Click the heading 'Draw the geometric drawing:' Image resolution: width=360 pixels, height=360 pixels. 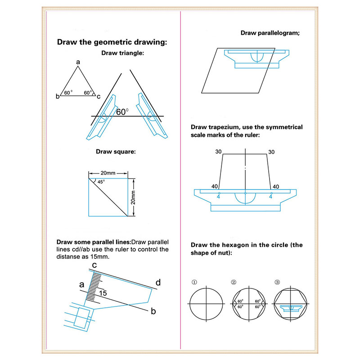[112, 43]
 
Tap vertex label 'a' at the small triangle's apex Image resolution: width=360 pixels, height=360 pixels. [78, 62]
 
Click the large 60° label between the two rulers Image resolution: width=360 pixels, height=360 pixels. [122, 112]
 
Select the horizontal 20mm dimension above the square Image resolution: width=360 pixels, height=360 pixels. [108, 173]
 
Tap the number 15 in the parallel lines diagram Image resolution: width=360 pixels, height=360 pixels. [103, 293]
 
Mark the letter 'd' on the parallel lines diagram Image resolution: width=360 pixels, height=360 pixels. [158, 283]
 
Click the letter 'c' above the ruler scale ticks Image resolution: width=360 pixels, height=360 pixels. [94, 265]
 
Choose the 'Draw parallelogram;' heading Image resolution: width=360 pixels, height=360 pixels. [270, 33]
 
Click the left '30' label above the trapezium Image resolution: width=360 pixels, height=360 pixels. [219, 152]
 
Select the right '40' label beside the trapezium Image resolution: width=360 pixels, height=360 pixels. [275, 186]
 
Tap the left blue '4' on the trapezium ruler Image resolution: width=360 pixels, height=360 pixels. [219, 196]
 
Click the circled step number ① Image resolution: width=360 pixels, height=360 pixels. [194, 283]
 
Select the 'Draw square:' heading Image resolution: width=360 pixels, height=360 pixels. [116, 152]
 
